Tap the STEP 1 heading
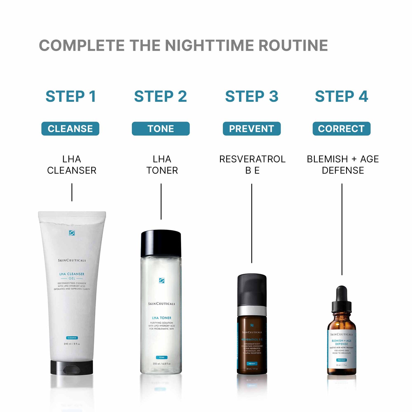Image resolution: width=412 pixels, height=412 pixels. click(x=71, y=96)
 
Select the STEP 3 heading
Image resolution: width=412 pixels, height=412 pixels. click(x=252, y=96)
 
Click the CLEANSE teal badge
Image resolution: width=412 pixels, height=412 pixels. click(x=70, y=129)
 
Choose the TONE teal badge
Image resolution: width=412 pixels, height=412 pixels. click(x=161, y=129)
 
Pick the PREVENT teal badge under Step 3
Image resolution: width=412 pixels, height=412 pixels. click(x=252, y=129)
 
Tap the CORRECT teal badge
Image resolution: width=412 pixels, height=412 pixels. click(x=341, y=129)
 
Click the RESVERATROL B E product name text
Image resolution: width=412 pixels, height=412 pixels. click(x=252, y=165)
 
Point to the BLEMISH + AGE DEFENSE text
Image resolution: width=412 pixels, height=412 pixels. click(x=343, y=165)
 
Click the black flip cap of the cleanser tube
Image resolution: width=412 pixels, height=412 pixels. click(x=72, y=368)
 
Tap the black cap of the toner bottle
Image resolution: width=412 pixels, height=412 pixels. click(x=161, y=243)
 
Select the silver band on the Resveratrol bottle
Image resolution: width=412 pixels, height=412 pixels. click(x=252, y=311)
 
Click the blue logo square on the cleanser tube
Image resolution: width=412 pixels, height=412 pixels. click(x=72, y=233)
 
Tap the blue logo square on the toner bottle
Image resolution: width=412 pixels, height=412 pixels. click(x=162, y=280)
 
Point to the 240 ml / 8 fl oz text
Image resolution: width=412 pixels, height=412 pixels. click(x=72, y=344)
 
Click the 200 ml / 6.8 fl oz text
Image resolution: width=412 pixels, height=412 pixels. click(x=162, y=364)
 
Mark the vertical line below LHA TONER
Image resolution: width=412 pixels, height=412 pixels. click(x=161, y=201)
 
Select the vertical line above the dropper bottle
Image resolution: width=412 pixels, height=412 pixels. click(x=342, y=229)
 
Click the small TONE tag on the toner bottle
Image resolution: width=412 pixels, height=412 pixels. click(x=162, y=357)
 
